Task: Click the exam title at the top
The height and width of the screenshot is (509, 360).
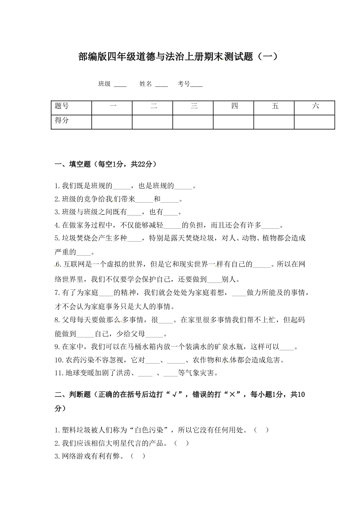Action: pos(178,57)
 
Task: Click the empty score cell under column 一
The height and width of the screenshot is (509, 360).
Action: pos(112,122)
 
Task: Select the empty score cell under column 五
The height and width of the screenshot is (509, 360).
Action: pos(274,122)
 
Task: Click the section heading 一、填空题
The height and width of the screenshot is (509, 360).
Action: pos(105,164)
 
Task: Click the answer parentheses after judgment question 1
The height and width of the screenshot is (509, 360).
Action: pos(261,430)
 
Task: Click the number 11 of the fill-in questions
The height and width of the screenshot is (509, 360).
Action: pos(58,373)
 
